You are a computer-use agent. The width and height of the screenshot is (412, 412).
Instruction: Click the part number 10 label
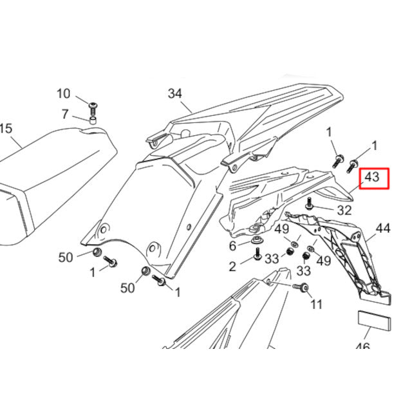coord(63,94)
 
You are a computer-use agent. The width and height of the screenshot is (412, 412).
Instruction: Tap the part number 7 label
coord(64,115)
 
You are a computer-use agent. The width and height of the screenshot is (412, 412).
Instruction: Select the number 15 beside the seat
coord(5,129)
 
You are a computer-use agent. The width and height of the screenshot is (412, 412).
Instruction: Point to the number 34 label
coord(175,93)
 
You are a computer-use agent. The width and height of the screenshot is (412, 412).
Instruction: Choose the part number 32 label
coord(344,210)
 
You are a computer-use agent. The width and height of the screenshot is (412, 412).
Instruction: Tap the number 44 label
coord(383,229)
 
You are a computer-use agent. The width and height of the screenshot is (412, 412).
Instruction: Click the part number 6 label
coord(232,246)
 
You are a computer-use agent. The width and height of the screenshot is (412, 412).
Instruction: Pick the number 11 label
coord(316,304)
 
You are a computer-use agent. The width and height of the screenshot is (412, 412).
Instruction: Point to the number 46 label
coord(362,348)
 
